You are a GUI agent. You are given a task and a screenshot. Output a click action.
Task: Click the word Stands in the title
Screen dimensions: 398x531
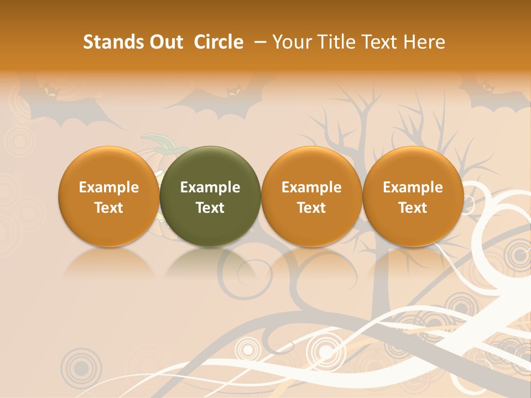[x=110, y=42]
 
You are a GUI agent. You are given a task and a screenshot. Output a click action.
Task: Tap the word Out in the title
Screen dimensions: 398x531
[x=164, y=42]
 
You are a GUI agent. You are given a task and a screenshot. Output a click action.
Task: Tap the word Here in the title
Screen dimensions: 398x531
[x=425, y=42]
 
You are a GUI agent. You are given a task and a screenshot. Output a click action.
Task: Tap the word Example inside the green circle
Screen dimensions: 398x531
[x=210, y=187]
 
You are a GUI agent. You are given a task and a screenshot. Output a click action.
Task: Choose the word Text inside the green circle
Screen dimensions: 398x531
[x=210, y=208]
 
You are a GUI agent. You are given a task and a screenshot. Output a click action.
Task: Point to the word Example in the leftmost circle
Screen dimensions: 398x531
[x=108, y=187]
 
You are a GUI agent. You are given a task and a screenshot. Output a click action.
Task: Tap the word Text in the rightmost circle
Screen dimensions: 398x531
[x=413, y=208]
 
